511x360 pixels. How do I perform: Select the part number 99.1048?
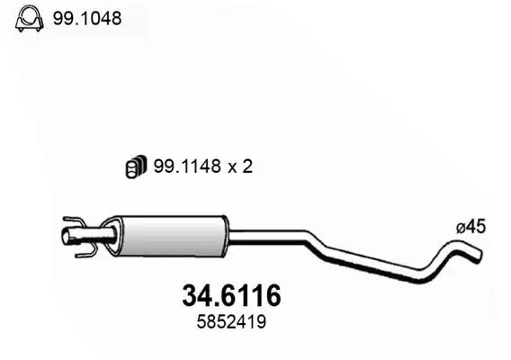pos(88,18)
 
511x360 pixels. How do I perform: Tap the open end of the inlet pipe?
pos(66,238)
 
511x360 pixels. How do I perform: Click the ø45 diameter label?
pos(471,229)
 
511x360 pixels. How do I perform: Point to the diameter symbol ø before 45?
pos(460,229)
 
